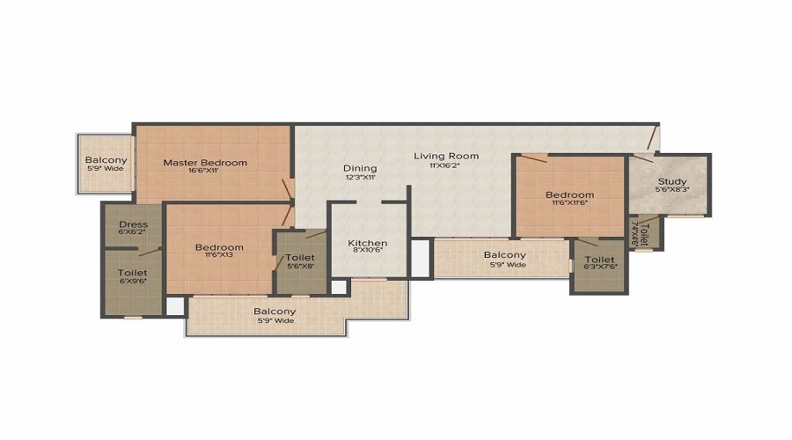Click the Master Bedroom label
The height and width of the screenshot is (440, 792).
[x=205, y=162]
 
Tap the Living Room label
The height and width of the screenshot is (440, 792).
[x=447, y=156]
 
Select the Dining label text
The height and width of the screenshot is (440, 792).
[x=360, y=168]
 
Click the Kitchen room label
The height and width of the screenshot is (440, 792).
[x=367, y=243]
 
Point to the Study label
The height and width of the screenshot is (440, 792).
[x=672, y=183]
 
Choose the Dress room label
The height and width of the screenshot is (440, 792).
[x=133, y=224]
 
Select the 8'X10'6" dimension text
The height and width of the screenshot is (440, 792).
[x=367, y=252]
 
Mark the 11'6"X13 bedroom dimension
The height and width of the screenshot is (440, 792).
[x=219, y=256]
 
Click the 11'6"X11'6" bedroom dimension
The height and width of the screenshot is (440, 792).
[x=569, y=203]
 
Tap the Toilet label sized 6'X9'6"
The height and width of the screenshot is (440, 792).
[x=133, y=273]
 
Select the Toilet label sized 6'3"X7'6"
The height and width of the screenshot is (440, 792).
[x=599, y=260]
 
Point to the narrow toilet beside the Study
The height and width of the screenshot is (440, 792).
[x=644, y=232]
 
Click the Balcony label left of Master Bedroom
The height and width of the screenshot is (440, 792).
[x=106, y=160]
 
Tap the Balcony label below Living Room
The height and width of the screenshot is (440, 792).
[x=505, y=255]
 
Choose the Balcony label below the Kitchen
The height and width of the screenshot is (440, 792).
[x=275, y=312]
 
